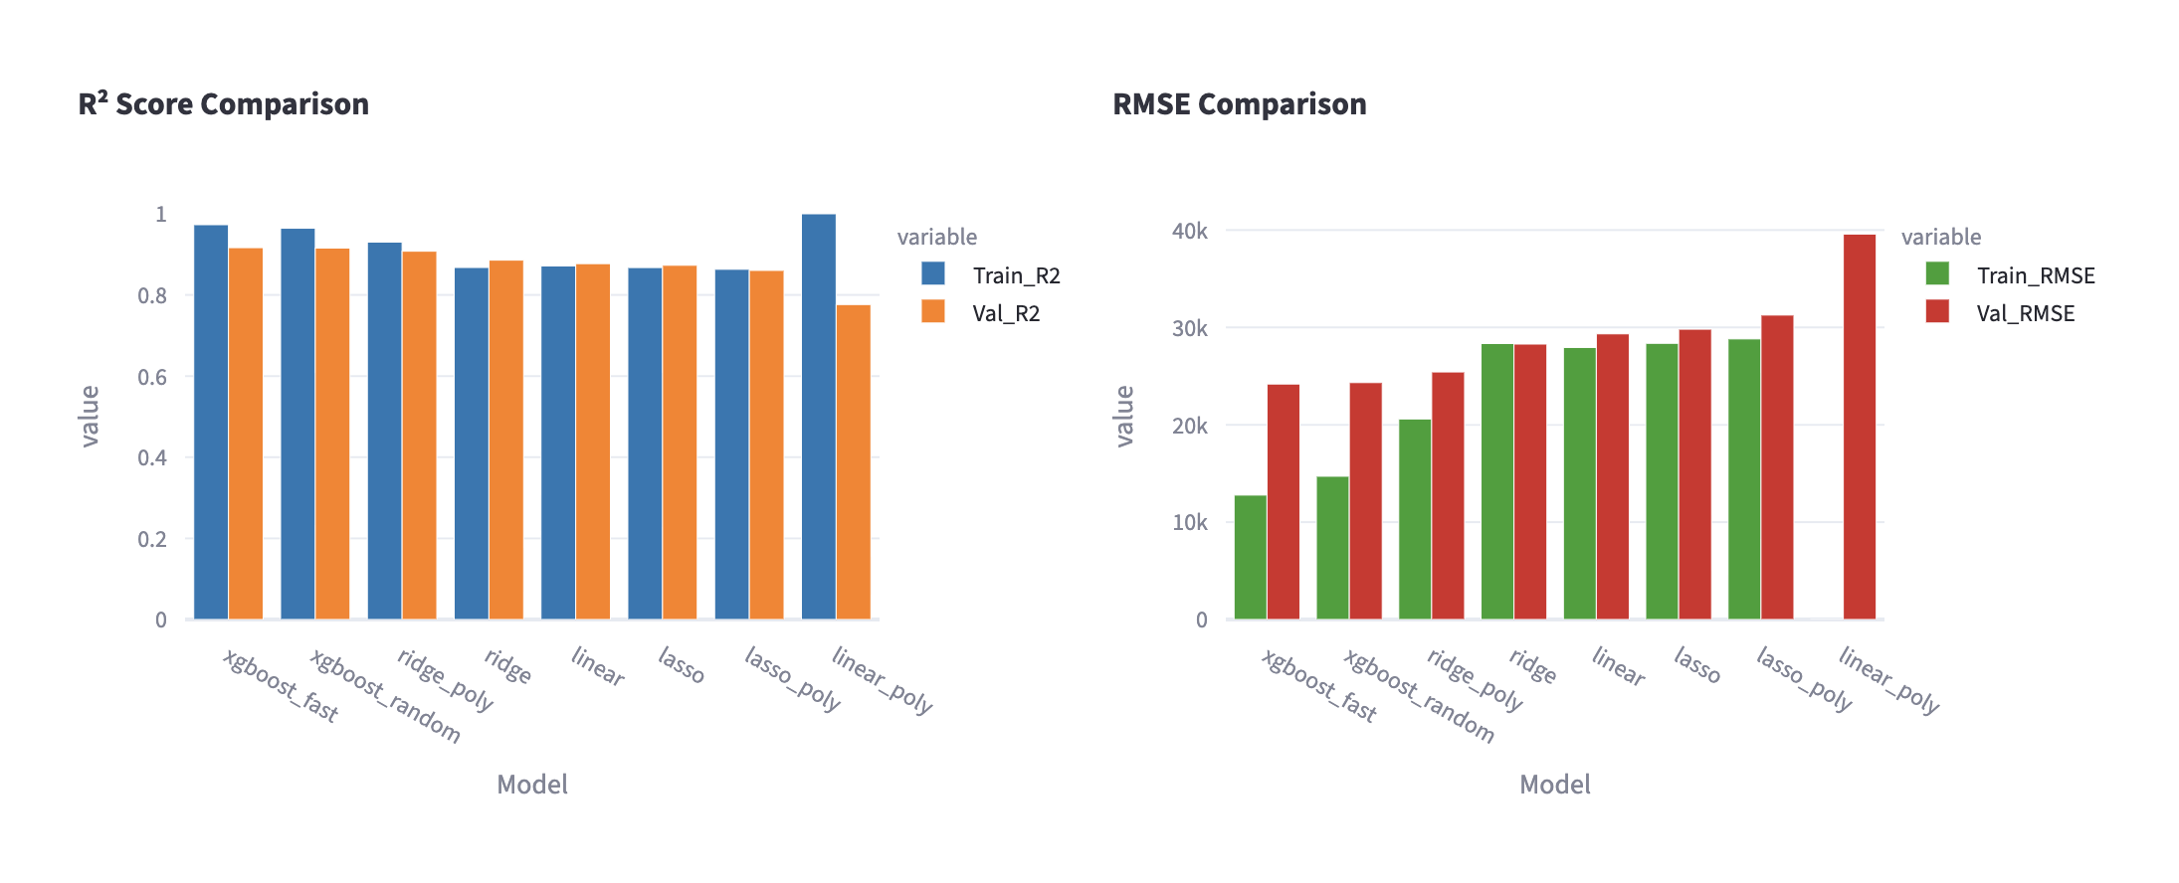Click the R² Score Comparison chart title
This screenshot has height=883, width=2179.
click(x=223, y=104)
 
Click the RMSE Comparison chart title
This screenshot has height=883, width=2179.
click(x=1239, y=104)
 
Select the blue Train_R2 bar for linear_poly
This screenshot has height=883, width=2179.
click(x=818, y=418)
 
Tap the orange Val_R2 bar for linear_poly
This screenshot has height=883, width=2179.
click(x=854, y=462)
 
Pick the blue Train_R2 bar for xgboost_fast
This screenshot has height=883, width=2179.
click(x=211, y=423)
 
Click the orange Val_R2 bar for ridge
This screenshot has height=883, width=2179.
click(x=505, y=441)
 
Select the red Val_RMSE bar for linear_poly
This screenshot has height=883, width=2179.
click(x=1859, y=428)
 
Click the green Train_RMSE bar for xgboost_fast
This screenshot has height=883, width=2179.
click(x=1250, y=557)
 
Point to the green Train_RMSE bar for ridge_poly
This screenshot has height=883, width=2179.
click(x=1414, y=519)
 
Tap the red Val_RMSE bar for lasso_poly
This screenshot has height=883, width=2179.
click(x=1776, y=467)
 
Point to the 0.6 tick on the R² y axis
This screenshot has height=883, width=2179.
click(x=152, y=377)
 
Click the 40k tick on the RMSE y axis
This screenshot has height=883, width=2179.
click(x=1189, y=231)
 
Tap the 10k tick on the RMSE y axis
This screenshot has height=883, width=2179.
click(x=1189, y=522)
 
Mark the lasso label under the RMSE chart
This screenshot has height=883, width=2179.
click(x=1696, y=665)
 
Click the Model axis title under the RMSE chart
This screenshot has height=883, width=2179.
click(x=1554, y=785)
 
